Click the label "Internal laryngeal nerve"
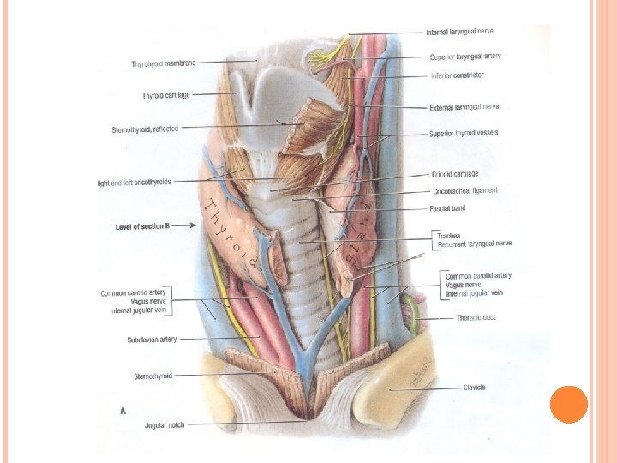tap(459, 32)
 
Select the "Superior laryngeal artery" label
tap(465, 57)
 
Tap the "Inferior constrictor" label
tap(458, 75)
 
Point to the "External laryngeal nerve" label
tap(464, 107)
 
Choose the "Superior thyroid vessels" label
tap(464, 134)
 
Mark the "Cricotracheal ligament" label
tap(464, 190)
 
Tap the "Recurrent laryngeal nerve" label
tap(474, 244)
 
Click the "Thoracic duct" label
tap(476, 317)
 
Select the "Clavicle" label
tap(474, 388)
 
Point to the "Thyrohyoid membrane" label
tap(164, 63)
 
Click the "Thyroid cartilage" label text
tap(165, 95)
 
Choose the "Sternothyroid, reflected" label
tap(145, 129)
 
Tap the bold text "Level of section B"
tap(142, 226)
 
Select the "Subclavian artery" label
tap(152, 340)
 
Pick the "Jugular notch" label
tap(165, 424)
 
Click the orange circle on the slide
tap(568, 404)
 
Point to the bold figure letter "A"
tap(123, 411)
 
